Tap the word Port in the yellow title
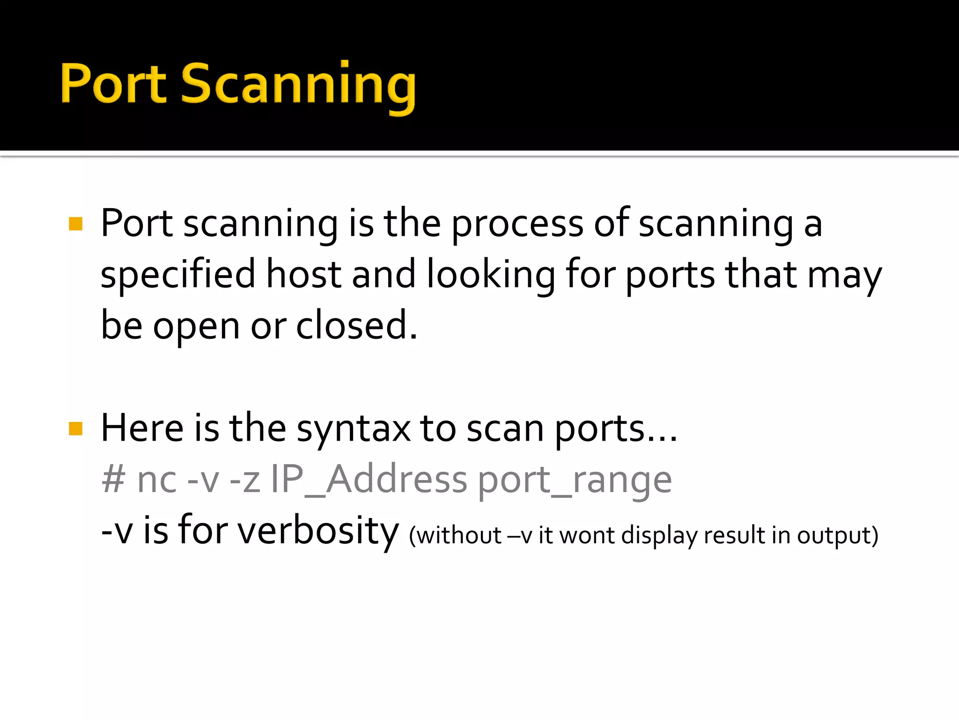point(113,83)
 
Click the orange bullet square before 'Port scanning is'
point(75,224)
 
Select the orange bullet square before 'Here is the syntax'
point(75,428)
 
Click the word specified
point(178,276)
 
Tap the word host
point(303,275)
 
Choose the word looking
point(491,276)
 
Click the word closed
point(356,325)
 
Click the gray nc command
point(157,482)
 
